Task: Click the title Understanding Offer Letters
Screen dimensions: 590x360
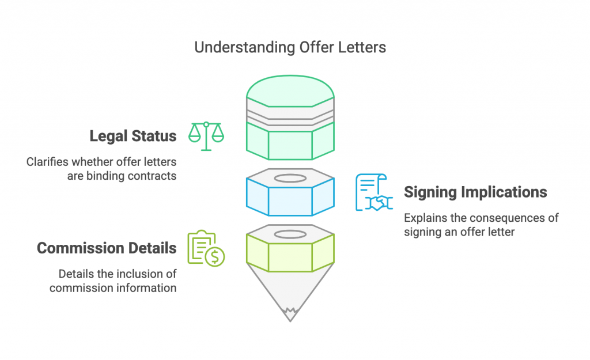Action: click(290, 48)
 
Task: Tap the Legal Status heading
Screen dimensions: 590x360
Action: click(133, 136)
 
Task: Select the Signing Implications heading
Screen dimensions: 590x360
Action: click(475, 192)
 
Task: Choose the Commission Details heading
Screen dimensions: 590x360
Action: click(107, 248)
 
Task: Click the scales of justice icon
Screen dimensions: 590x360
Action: click(206, 136)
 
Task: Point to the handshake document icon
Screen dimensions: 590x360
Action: click(374, 192)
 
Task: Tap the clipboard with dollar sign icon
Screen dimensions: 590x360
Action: click(206, 248)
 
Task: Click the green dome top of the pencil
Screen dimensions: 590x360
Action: click(290, 91)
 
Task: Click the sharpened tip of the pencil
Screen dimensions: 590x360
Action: click(290, 318)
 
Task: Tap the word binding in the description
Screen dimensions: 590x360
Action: click(106, 176)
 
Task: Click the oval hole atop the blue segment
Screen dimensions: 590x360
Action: click(290, 179)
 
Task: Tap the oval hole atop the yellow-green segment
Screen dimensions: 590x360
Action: click(290, 234)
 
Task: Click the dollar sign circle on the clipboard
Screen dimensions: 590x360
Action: click(215, 257)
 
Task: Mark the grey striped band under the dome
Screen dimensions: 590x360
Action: click(290, 115)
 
